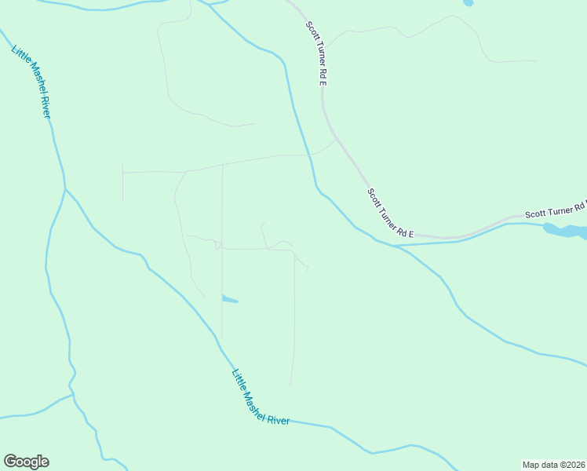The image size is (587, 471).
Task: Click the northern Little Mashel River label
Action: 31,82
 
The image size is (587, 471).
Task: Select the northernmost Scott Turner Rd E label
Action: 316,53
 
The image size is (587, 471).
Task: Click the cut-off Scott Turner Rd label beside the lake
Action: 556,210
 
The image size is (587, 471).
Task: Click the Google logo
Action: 26,462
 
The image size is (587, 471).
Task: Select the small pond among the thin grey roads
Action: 229,298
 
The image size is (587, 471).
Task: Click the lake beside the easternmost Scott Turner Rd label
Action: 567,232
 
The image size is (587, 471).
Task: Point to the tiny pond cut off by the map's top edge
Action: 469,2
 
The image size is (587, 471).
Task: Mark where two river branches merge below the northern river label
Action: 65,188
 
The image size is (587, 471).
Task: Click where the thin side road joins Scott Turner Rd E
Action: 336,140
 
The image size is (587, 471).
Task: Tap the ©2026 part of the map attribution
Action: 571,464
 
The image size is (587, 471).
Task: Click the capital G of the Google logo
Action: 10,461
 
